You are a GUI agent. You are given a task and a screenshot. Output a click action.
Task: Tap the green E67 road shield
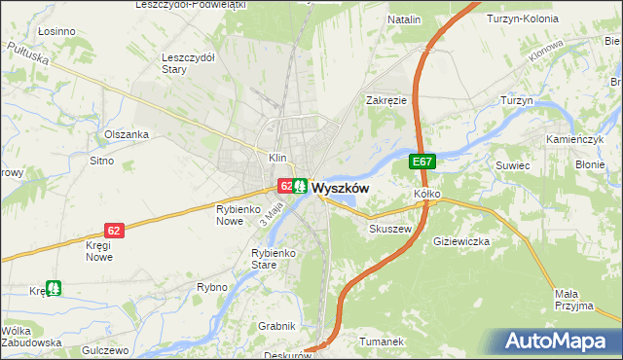pyautogui.click(x=421, y=162)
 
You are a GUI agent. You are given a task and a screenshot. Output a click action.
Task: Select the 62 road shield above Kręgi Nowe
pyautogui.click(x=115, y=230)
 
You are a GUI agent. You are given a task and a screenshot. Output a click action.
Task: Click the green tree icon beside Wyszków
pyautogui.click(x=301, y=184)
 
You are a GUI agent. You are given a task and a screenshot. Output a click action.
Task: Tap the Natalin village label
pyautogui.click(x=404, y=19)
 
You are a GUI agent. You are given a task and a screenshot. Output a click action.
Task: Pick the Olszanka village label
pyautogui.click(x=127, y=134)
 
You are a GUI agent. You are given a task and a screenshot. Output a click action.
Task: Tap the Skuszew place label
pyautogui.click(x=391, y=229)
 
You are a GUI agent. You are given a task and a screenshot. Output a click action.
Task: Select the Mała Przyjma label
pyautogui.click(x=574, y=299)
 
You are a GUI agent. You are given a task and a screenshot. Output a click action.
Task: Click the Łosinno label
pyautogui.click(x=55, y=31)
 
